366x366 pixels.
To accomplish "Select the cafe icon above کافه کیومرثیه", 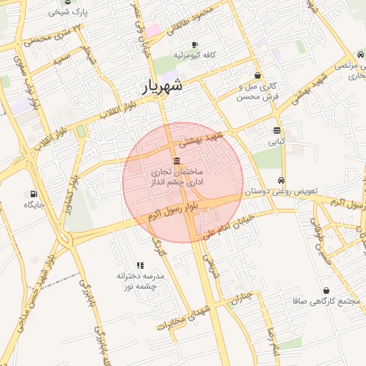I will tap(194, 45).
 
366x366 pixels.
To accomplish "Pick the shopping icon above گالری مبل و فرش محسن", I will tap(257, 75).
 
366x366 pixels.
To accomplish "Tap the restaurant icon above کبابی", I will tap(277, 130).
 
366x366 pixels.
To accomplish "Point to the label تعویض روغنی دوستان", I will tap(281, 192).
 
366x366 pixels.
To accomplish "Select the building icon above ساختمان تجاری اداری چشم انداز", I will tap(177, 160).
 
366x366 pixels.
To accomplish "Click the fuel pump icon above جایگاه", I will tap(34, 194).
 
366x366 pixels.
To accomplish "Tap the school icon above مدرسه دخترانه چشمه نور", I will tap(140, 265).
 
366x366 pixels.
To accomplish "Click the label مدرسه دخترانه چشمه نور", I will tap(140, 280).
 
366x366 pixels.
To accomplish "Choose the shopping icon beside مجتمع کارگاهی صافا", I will tap(327, 290).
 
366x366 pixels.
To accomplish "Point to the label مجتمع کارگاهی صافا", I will tap(325, 301).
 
